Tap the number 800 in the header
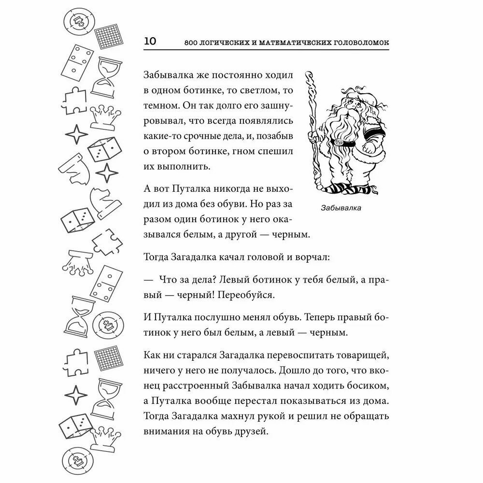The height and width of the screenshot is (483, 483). point(192,43)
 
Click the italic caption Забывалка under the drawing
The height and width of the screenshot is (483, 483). point(341,209)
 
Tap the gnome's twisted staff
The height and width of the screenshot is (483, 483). point(312,130)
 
